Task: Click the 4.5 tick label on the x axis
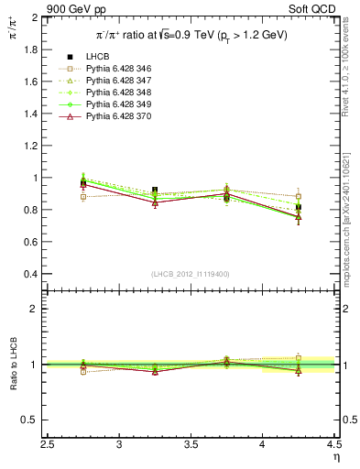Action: [333, 445]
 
